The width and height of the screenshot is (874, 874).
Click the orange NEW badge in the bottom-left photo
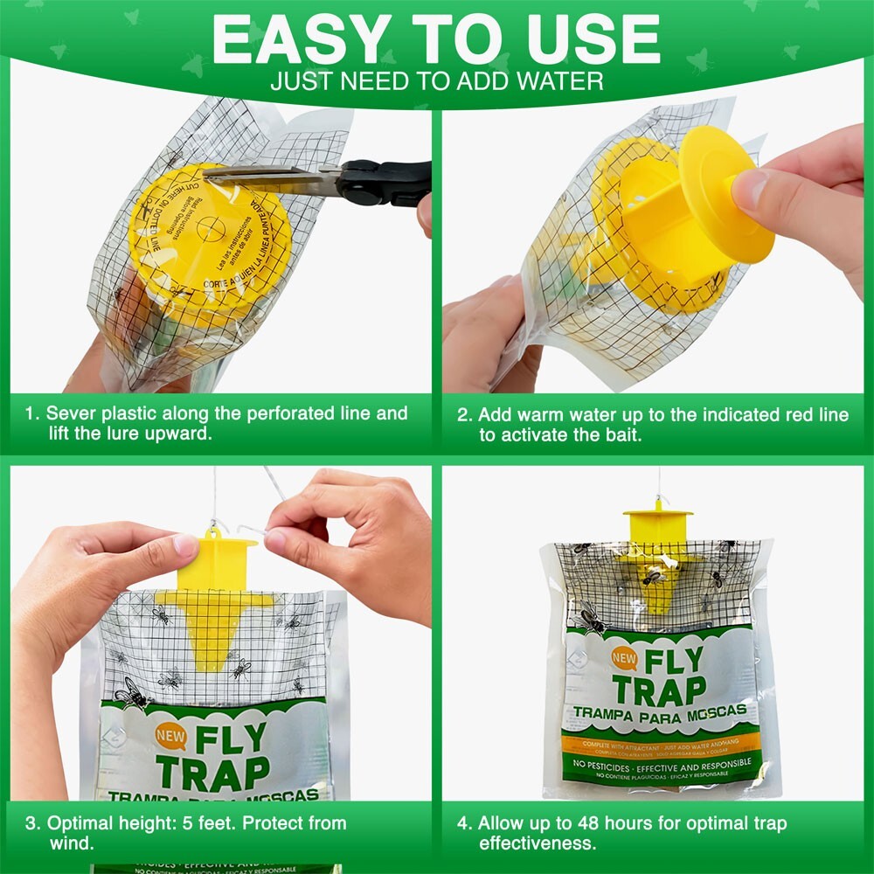click(170, 735)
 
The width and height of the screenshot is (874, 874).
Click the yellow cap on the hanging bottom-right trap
click(658, 523)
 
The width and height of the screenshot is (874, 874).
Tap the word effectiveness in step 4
click(537, 844)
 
